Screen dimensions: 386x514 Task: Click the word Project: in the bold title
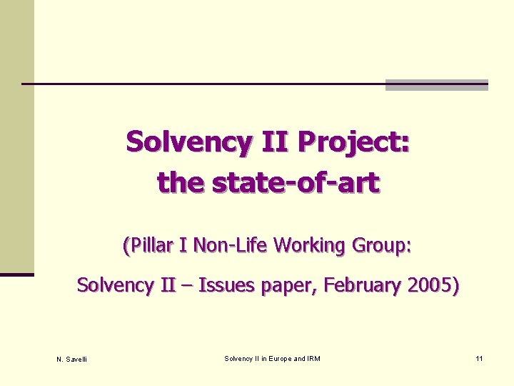(x=353, y=142)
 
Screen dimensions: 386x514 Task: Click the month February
(x=363, y=286)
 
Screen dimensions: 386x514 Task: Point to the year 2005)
(x=434, y=286)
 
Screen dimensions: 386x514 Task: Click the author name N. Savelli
(x=71, y=359)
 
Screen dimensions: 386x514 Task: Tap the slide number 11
(x=479, y=358)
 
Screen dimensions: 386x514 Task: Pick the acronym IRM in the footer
(x=313, y=358)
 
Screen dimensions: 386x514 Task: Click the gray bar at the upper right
(x=436, y=85)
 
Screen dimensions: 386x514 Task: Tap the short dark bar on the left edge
(x=17, y=274)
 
